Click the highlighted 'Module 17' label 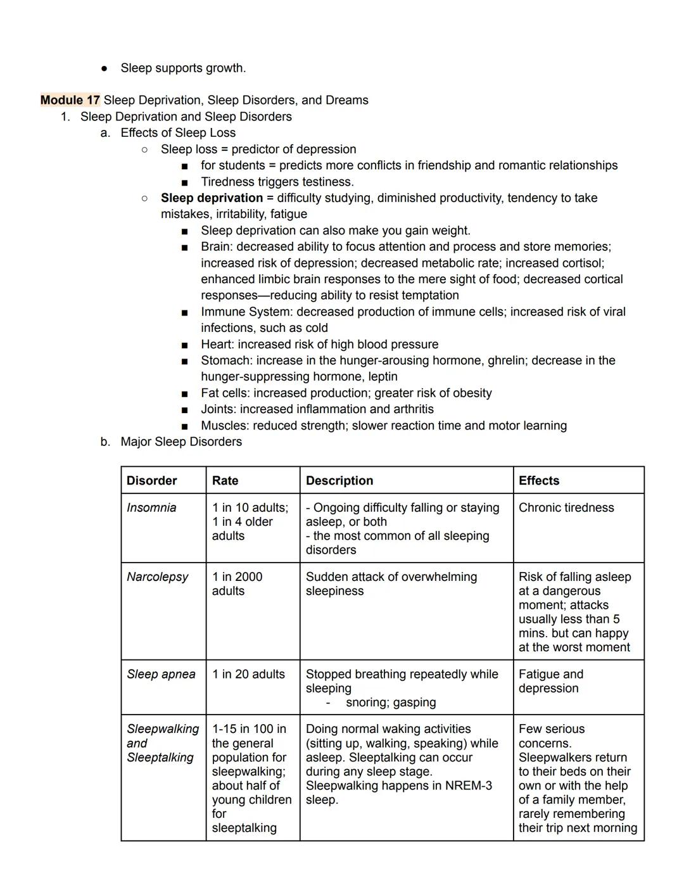pos(70,100)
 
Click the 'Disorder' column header pos(152,480)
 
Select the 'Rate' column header pos(225,480)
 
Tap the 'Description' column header pos(339,480)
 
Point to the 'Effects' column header pos(539,480)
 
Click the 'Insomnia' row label pos(151,507)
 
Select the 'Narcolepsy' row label pos(157,576)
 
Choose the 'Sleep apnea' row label pos(161,674)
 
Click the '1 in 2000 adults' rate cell pos(237,583)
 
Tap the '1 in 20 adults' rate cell pos(248,674)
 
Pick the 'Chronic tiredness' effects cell pos(566,507)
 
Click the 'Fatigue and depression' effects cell pos(551,681)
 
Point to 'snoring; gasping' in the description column pos(391,702)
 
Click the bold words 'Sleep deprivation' pos(212,198)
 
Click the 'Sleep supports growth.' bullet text pos(183,68)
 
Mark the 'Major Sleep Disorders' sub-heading pos(181,442)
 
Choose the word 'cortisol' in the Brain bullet pos(580,263)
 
